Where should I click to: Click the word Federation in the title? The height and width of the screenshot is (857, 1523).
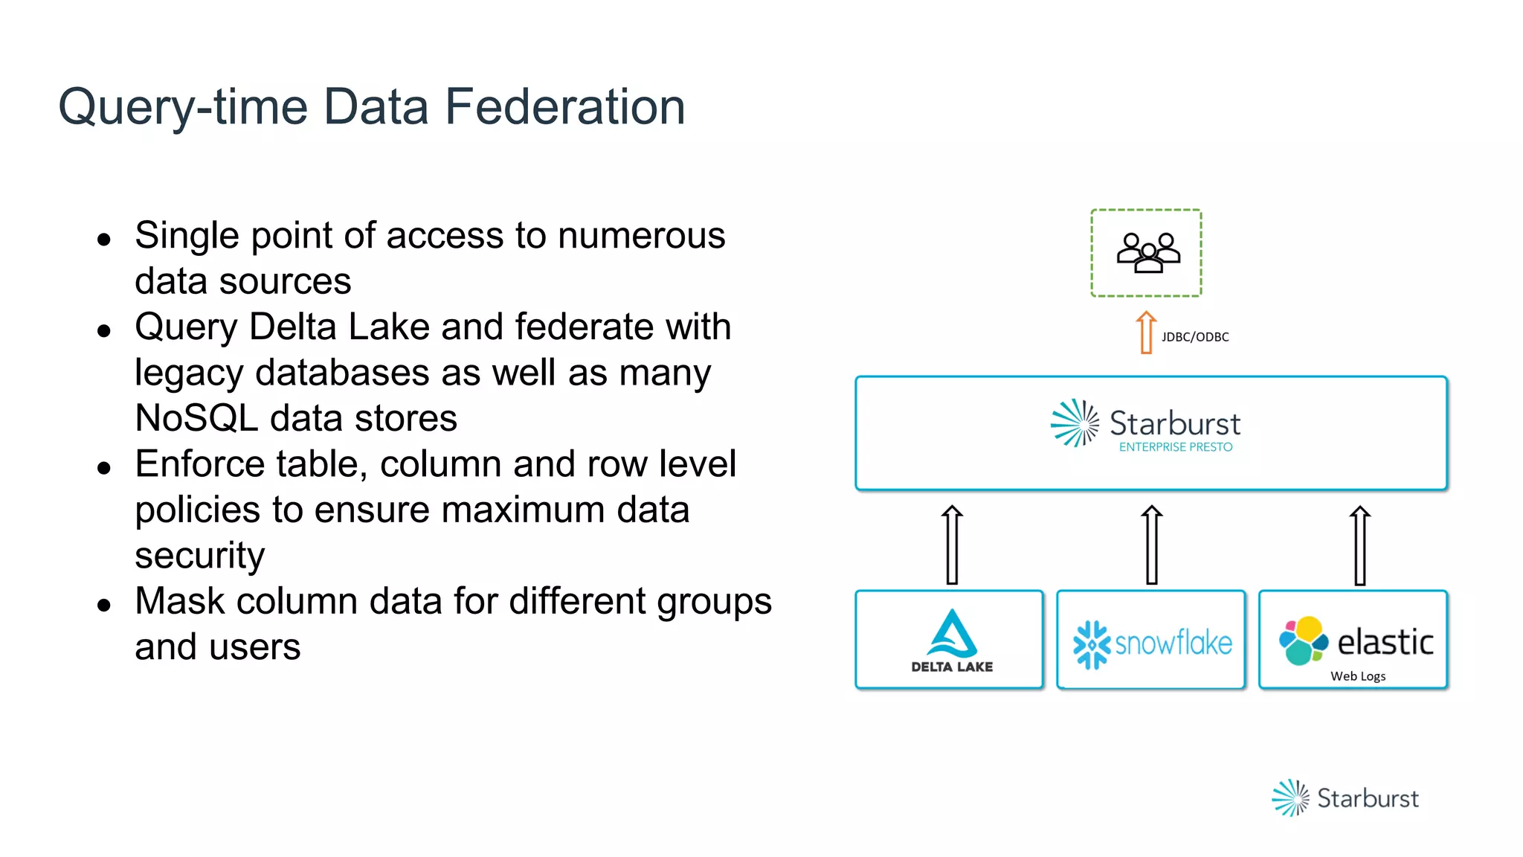click(564, 106)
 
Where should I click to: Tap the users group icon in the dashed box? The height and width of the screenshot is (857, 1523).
click(1147, 253)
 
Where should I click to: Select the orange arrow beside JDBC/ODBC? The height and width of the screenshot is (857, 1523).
click(1146, 333)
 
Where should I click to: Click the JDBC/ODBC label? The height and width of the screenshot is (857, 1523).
click(1195, 337)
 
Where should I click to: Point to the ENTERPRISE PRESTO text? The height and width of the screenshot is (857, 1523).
click(1175, 447)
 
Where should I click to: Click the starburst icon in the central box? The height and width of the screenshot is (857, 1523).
click(1075, 423)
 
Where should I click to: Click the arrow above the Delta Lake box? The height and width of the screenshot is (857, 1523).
click(952, 545)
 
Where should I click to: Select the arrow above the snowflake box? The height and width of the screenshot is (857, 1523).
click(1151, 545)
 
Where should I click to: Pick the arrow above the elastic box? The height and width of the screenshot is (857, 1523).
click(1359, 545)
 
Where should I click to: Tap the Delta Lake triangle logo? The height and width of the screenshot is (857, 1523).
click(952, 634)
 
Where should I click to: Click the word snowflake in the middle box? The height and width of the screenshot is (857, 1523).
click(1173, 643)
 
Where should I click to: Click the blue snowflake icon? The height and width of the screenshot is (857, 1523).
click(1091, 644)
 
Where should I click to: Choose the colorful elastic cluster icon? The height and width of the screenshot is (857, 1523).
click(1303, 641)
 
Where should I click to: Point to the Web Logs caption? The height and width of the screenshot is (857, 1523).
click(1358, 676)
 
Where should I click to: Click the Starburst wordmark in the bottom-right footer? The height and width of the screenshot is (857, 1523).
click(1368, 798)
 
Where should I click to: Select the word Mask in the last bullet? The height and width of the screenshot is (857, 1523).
click(179, 601)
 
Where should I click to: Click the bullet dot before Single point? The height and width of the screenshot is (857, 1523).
click(104, 240)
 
